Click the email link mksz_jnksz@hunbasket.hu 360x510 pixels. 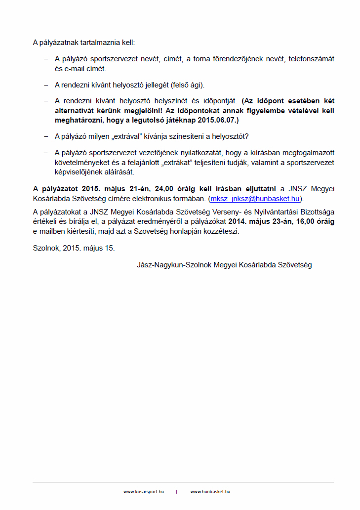[x=255, y=199]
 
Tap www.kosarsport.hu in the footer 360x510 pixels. [x=143, y=492]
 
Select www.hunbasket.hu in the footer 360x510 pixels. [x=210, y=492]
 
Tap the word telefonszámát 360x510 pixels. [x=312, y=59]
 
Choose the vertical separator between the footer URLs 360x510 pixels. [x=177, y=492]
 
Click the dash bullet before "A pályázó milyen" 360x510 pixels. [x=46, y=136]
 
